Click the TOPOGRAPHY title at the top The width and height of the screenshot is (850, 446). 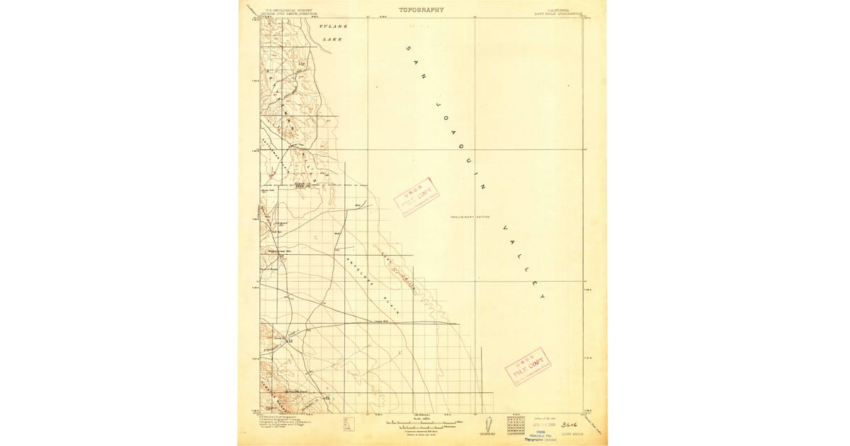421,10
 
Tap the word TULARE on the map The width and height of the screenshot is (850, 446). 333,26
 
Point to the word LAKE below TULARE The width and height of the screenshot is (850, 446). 332,40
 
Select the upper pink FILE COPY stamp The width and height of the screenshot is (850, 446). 417,195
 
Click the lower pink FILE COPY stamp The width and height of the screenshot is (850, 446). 528,366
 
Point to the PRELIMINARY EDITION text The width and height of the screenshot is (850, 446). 470,217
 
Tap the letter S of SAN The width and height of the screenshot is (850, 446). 409,49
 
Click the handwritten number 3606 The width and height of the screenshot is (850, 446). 571,425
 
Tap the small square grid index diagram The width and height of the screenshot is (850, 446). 515,423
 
